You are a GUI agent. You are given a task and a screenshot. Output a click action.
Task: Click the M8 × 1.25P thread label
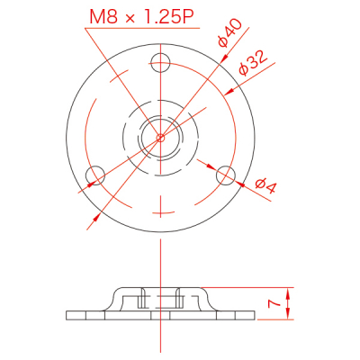tap(141, 17)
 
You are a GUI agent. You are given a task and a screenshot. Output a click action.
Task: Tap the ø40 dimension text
tap(229, 33)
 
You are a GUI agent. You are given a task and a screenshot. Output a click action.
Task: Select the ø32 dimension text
tap(253, 63)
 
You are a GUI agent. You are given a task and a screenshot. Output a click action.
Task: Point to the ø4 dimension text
tap(265, 186)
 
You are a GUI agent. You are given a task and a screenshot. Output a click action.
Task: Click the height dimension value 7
tap(274, 304)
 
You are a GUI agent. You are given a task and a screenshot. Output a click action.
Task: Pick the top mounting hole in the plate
tap(160, 63)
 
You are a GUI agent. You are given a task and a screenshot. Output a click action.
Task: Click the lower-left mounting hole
tap(95, 175)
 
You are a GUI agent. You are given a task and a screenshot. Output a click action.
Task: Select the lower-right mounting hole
tap(226, 175)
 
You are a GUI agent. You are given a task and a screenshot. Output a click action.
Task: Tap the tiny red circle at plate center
tap(160, 138)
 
